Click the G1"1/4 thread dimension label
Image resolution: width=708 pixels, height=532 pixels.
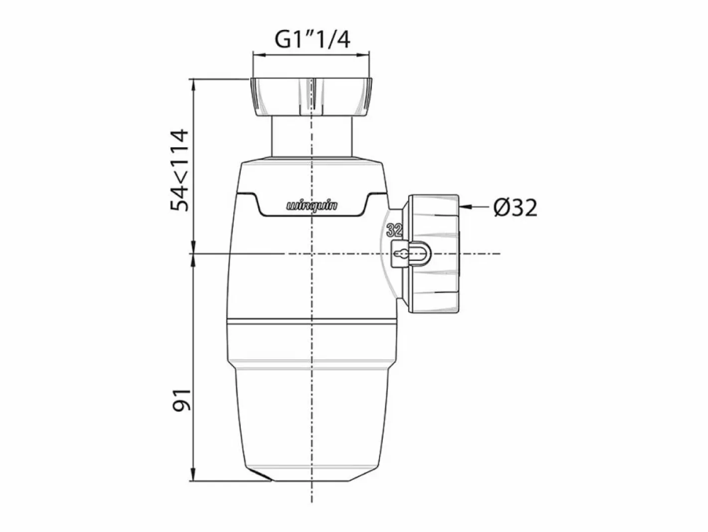point(312,40)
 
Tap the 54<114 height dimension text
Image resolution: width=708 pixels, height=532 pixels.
point(179,170)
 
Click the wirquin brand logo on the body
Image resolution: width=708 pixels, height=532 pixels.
point(312,206)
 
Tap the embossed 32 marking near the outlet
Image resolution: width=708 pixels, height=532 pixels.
point(394,230)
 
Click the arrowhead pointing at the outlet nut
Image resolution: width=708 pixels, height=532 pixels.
point(466,207)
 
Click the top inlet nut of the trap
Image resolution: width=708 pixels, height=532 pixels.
point(311,97)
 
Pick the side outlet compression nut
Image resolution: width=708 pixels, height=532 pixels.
point(433,254)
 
